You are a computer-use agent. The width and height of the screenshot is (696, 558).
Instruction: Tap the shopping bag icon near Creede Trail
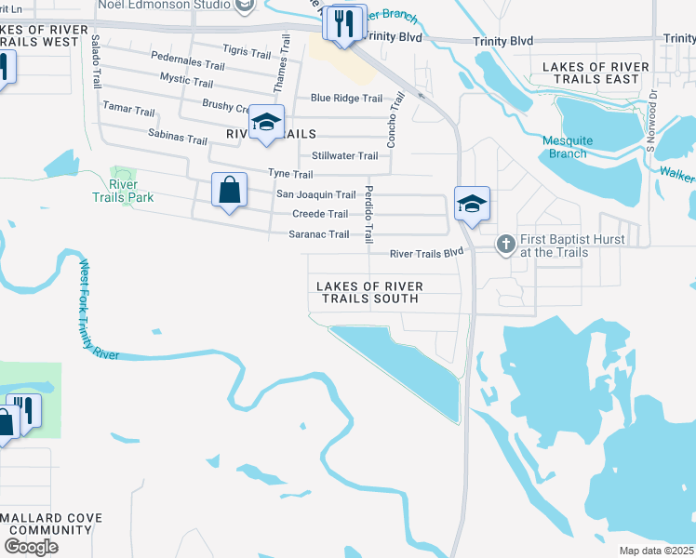pyautogui.click(x=229, y=191)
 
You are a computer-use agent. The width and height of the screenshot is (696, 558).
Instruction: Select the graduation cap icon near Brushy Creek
pyautogui.click(x=266, y=123)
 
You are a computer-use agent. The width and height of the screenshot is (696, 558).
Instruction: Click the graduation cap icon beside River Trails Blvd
pyautogui.click(x=471, y=204)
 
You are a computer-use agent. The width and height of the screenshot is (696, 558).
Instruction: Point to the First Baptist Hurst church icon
pyautogui.click(x=505, y=244)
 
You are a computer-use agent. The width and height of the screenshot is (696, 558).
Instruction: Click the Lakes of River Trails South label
pyautogui.click(x=369, y=292)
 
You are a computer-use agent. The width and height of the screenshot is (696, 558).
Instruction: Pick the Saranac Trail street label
pyautogui.click(x=320, y=234)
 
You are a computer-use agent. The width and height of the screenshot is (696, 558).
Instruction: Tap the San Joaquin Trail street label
pyautogui.click(x=316, y=194)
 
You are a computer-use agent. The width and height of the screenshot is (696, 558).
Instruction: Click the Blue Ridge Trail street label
pyautogui.click(x=346, y=98)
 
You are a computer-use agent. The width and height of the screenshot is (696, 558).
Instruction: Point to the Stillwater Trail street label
pyautogui.click(x=344, y=155)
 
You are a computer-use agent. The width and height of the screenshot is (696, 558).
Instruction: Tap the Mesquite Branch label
pyautogui.click(x=568, y=147)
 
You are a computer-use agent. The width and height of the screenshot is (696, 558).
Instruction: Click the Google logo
pyautogui.click(x=31, y=547)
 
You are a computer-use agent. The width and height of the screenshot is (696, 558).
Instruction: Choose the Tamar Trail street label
pyautogui.click(x=128, y=111)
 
